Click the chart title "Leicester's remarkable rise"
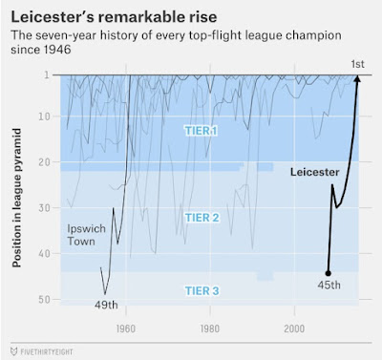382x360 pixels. click(114, 16)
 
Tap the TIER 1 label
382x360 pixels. click(202, 131)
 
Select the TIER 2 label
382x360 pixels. click(202, 218)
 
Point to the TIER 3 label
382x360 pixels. click(202, 291)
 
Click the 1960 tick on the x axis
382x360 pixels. click(126, 328)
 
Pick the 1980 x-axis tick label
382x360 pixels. click(210, 328)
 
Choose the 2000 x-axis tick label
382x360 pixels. click(294, 328)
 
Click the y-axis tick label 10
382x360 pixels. click(45, 116)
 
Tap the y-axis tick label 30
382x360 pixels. click(45, 207)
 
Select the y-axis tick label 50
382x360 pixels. click(45, 300)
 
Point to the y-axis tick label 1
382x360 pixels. click(47, 74)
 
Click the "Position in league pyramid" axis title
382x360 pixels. click(16, 198)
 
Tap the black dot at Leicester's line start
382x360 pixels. click(329, 273)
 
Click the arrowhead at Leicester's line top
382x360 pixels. click(357, 78)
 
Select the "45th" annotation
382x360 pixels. click(329, 285)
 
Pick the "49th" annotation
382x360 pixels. click(106, 305)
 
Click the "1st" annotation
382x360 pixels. click(357, 64)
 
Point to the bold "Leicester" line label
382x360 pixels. click(315, 172)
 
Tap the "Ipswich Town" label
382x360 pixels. click(86, 235)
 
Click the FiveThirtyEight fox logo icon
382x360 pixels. click(13, 351)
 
